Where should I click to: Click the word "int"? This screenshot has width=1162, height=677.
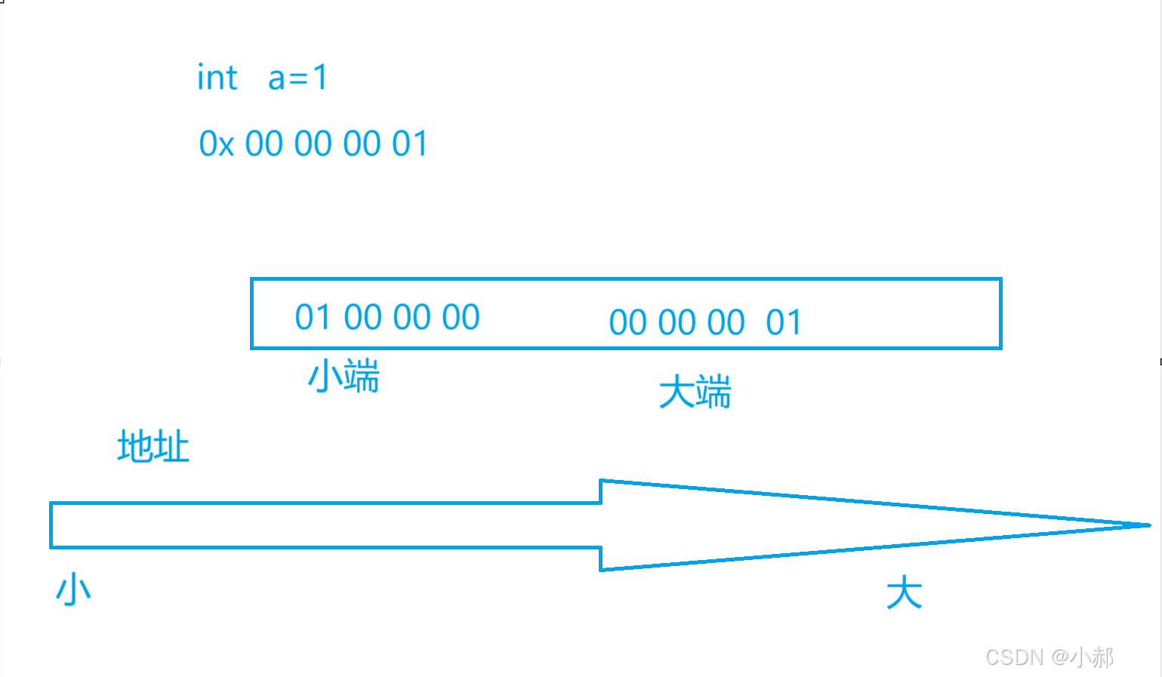pos(217,78)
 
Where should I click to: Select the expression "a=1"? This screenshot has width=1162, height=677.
pos(298,78)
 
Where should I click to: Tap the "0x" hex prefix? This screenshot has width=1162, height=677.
pos(216,144)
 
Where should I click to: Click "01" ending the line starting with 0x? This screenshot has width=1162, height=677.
pos(410,144)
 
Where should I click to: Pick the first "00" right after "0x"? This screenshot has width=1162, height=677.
pos(264,144)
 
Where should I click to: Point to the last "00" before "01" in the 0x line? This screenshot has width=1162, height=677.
pos(362,144)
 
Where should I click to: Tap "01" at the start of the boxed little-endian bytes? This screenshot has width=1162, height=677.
pos(313,318)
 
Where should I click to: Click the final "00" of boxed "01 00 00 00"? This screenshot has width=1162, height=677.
pos(461,318)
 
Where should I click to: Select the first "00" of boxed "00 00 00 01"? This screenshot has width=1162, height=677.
pos(627,323)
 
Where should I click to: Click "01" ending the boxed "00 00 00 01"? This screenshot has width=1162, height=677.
pos(784,323)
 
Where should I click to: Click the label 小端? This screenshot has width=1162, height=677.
pos(344,376)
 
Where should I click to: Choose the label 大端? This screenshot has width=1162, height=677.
pos(695,392)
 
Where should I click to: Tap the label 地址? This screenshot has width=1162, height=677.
pos(153,447)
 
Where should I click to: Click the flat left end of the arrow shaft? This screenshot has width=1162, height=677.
pos(51,525)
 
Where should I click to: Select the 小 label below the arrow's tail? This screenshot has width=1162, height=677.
pos(73,589)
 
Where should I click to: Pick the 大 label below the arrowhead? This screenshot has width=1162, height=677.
pos(904,592)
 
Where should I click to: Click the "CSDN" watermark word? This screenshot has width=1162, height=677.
pos(1014,657)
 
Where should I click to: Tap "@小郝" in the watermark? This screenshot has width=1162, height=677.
pos(1082,657)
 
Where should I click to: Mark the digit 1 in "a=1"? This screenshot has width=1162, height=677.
pos(320,78)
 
